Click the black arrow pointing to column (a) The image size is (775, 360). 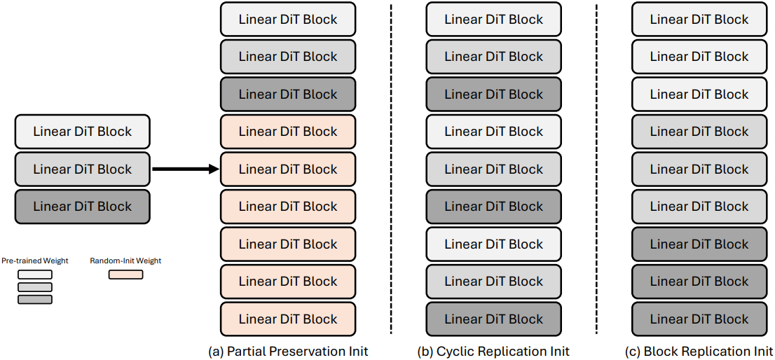[186, 169]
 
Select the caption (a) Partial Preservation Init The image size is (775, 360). [288, 351]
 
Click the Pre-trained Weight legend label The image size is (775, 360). [34, 261]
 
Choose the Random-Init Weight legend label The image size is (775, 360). [125, 261]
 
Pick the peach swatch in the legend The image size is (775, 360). [126, 275]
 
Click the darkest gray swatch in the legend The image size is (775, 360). [34, 299]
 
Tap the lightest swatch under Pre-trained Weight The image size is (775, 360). [34, 275]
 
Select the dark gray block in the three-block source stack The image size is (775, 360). [82, 207]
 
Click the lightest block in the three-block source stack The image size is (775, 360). [82, 132]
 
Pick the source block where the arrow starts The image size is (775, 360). [82, 169]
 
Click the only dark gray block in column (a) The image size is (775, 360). [288, 95]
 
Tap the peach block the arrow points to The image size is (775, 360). [288, 169]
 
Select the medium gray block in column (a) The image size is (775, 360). [288, 57]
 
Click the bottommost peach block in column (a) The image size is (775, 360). [288, 319]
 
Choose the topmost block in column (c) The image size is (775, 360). [699, 19]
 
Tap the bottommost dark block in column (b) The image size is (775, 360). [494, 319]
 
